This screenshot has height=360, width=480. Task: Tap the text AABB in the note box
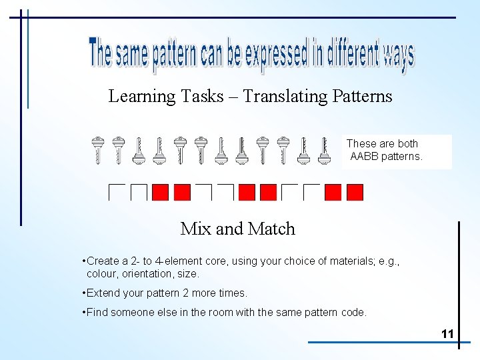[364, 157]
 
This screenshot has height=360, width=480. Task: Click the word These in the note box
[361, 143]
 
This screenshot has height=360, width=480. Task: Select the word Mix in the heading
[195, 229]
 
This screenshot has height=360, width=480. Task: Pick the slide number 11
[447, 333]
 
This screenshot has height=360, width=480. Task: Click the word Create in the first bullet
[103, 261]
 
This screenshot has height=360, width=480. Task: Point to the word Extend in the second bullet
[103, 293]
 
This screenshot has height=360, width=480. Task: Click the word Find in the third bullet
[97, 312]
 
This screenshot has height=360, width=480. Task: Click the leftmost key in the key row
[98, 150]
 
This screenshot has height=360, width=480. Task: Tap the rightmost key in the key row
[325, 150]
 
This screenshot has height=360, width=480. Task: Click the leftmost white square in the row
[117, 192]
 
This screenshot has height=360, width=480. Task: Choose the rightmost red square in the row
[355, 192]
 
